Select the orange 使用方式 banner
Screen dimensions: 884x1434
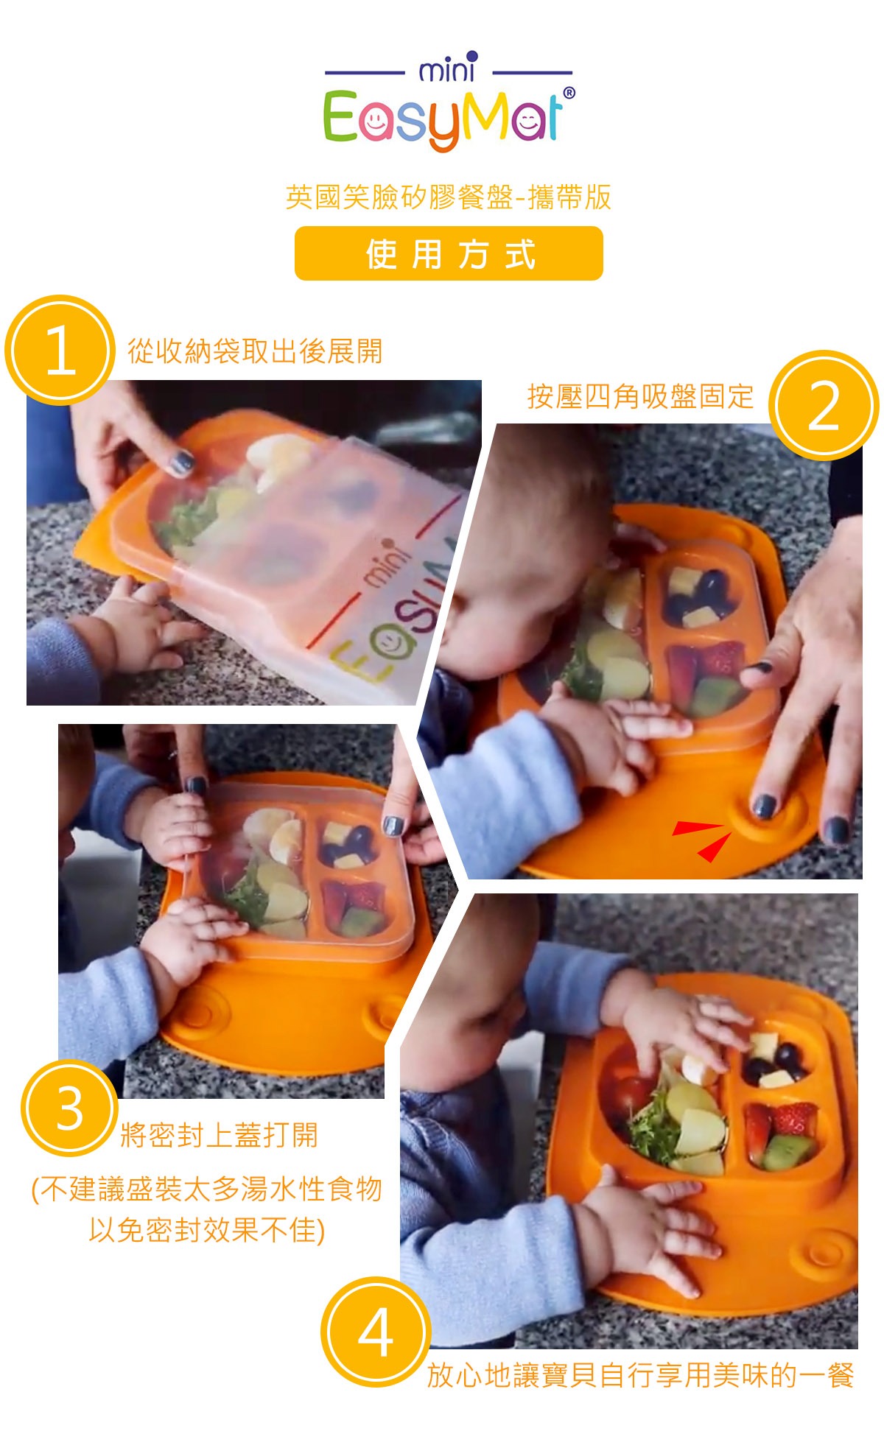pos(449,253)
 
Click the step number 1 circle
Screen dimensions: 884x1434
pos(60,350)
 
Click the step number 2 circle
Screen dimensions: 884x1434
pos(824,406)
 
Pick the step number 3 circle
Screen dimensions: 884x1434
pos(70,1108)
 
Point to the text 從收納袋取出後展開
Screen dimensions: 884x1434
pos(255,351)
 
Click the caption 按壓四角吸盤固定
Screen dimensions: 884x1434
pos(640,396)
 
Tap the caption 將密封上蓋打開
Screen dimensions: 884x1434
pos(219,1135)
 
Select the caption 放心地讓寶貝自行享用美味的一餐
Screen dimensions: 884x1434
pos(640,1375)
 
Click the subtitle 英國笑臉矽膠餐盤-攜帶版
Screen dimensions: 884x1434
pos(449,197)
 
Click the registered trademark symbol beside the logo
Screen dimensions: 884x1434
pos(569,94)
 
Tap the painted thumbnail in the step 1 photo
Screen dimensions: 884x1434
pos(180,463)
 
